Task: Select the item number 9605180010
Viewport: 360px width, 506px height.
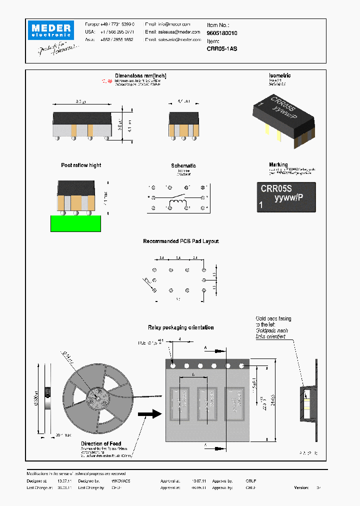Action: pyautogui.click(x=222, y=33)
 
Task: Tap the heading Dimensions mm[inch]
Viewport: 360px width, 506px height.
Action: pyautogui.click(x=141, y=76)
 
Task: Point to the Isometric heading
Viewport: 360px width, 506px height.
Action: pyautogui.click(x=279, y=76)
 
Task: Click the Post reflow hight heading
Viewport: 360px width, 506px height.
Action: pyautogui.click(x=81, y=165)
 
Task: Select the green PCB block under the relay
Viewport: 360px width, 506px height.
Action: pyautogui.click(x=75, y=223)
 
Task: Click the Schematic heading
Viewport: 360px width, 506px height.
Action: pyautogui.click(x=183, y=165)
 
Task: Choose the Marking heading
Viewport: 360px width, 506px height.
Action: pyautogui.click(x=278, y=164)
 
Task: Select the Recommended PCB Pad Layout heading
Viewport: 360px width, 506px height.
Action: pyautogui.click(x=181, y=241)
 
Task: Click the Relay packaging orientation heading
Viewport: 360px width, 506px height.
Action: pyautogui.click(x=181, y=327)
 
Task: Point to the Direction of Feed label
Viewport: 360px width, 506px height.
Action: pyautogui.click(x=101, y=443)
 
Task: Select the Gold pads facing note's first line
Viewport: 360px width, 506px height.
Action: pyautogui.click(x=273, y=318)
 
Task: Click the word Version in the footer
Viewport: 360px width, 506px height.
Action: pyautogui.click(x=301, y=487)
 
